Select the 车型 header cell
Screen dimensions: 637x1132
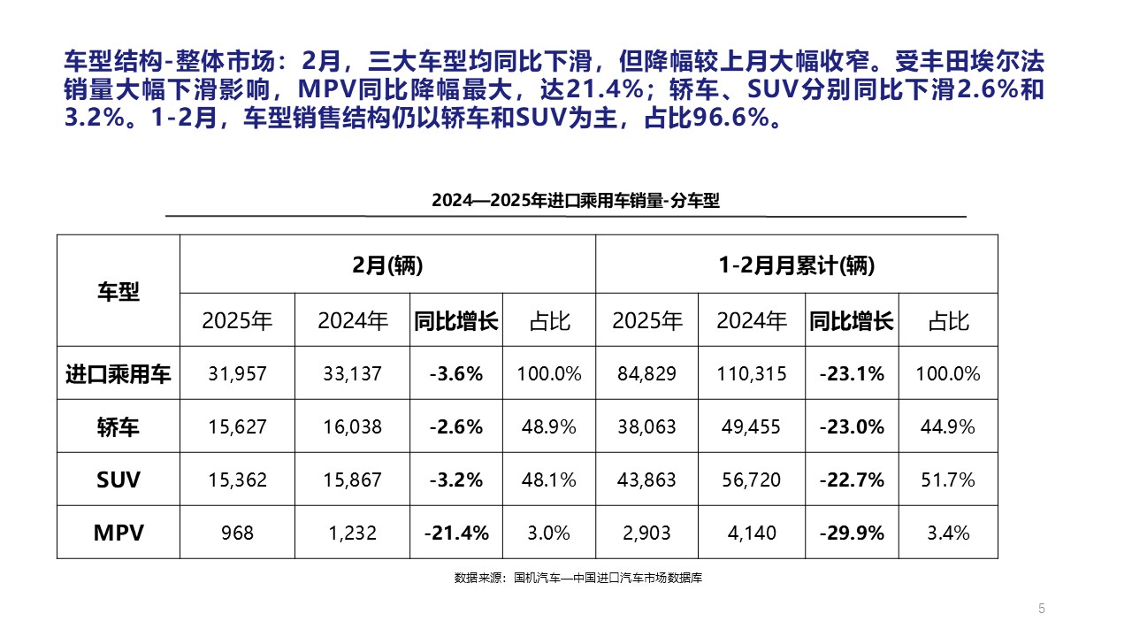pos(119,291)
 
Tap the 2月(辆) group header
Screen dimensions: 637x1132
pos(387,265)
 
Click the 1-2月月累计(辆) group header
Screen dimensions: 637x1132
pos(797,265)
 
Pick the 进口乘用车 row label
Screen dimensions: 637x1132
pos(119,373)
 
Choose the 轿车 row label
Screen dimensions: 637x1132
pos(119,427)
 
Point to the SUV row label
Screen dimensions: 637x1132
pos(119,480)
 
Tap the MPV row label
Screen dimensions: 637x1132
pos(119,533)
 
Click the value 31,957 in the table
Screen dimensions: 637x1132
pos(237,373)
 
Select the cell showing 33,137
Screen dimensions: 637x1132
pos(352,373)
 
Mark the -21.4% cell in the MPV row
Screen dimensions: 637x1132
pos(456,533)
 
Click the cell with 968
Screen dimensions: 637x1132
pos(237,533)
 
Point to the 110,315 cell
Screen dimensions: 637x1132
pos(752,373)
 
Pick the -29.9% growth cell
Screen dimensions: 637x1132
pos(852,533)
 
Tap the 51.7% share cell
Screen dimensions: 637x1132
pos(948,480)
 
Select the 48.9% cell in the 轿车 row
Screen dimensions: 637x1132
pos(549,427)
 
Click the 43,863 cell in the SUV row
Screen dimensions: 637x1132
pos(646,480)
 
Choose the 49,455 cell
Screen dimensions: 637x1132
pos(752,427)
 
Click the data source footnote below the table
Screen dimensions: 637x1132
pos(578,578)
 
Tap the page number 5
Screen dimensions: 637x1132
pos(1041,609)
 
